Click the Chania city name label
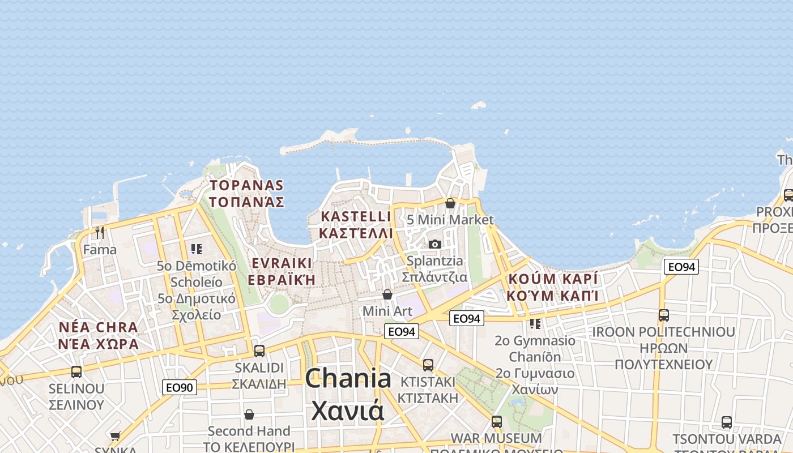pos(348,395)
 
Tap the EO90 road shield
pos(180,388)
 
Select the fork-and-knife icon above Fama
pos(100,233)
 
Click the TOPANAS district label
pos(246,193)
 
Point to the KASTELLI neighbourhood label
pos(356,224)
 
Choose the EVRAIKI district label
pos(282,271)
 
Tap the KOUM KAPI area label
pos(553,287)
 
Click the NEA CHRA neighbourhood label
pos(99,335)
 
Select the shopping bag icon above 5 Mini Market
pos(450,203)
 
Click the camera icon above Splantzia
pos(434,244)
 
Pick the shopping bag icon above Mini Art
pos(387,294)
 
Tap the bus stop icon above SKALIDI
pos(259,351)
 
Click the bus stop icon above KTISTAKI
pos(428,365)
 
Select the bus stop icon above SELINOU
pos(76,372)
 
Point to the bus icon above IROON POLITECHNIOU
pos(663,315)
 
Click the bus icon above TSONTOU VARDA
pos(727,422)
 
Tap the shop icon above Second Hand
pos(249,415)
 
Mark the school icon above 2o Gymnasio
pos(535,324)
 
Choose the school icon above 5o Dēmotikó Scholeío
pos(197,249)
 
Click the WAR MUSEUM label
pos(496,438)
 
